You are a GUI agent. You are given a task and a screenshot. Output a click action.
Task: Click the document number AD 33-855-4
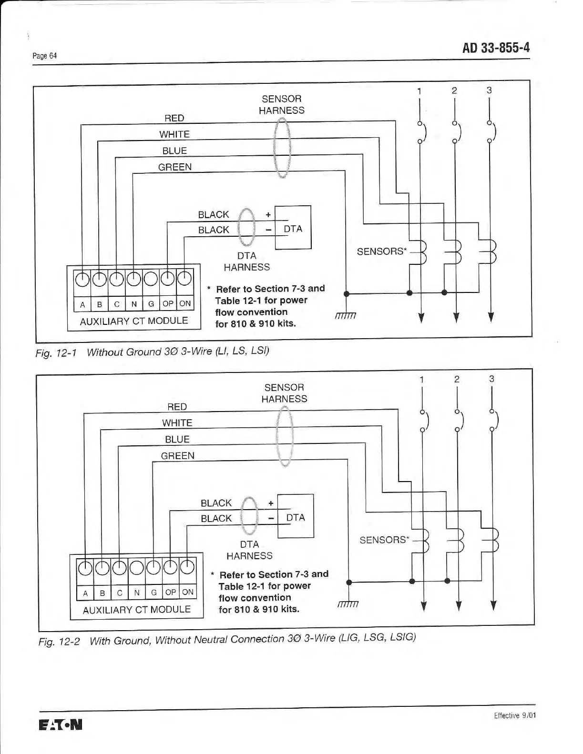coord(496,48)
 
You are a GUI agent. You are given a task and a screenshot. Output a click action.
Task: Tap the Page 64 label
coord(44,56)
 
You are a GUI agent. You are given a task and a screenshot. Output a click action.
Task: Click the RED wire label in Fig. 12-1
coord(174,118)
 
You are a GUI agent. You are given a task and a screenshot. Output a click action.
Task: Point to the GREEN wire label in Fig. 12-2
coord(177,456)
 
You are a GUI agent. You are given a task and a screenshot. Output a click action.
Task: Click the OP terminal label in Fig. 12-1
coord(168,303)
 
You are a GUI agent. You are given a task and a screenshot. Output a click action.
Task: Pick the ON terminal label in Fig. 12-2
coord(188,592)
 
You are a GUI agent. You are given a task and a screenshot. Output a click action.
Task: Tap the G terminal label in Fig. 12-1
coord(151,304)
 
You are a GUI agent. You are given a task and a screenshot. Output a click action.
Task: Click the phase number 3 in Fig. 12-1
coord(489,90)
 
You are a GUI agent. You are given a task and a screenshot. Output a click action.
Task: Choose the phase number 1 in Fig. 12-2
coord(421,379)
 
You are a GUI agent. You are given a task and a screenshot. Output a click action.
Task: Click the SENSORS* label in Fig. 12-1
coord(381,251)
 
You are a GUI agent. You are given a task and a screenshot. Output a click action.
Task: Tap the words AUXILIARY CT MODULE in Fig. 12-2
coord(136,610)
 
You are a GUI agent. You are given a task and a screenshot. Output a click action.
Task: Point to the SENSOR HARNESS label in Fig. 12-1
coord(281,104)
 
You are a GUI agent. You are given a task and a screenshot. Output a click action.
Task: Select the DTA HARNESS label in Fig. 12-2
coord(249,550)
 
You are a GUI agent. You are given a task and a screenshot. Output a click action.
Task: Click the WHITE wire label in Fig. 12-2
coord(177,423)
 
